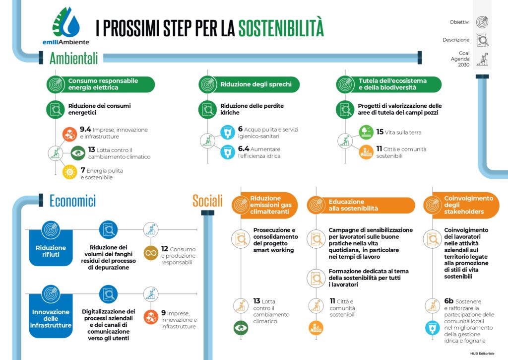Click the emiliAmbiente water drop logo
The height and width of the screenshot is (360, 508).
pos(66,23)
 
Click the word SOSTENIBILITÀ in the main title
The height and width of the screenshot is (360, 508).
pos(281,28)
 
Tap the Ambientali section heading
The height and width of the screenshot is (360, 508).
pos(73,59)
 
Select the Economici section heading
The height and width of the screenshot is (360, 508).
pos(72,201)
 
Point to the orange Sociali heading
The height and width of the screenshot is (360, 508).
pos(208,201)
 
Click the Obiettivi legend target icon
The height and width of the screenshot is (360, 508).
pos(482,22)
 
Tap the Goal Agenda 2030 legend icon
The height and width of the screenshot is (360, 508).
pos(482,59)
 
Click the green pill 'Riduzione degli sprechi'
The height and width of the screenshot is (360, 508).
pos(249,84)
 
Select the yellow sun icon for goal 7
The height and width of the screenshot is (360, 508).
pos(69,172)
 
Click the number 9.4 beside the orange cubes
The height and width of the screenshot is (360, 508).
pos(85,129)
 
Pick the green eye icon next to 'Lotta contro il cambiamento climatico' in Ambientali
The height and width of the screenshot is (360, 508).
pos(78,153)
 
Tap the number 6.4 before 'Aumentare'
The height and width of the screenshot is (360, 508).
pos(244,148)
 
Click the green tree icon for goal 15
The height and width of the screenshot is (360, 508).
pos(366,132)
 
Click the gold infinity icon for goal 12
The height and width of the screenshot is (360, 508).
pos(151,253)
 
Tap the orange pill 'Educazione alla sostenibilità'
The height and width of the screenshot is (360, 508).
pos(361,205)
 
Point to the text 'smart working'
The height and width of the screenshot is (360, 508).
pos(273,250)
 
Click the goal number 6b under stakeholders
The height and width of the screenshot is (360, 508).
pos(448,301)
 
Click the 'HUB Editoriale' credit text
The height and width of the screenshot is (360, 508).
pos(482,353)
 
